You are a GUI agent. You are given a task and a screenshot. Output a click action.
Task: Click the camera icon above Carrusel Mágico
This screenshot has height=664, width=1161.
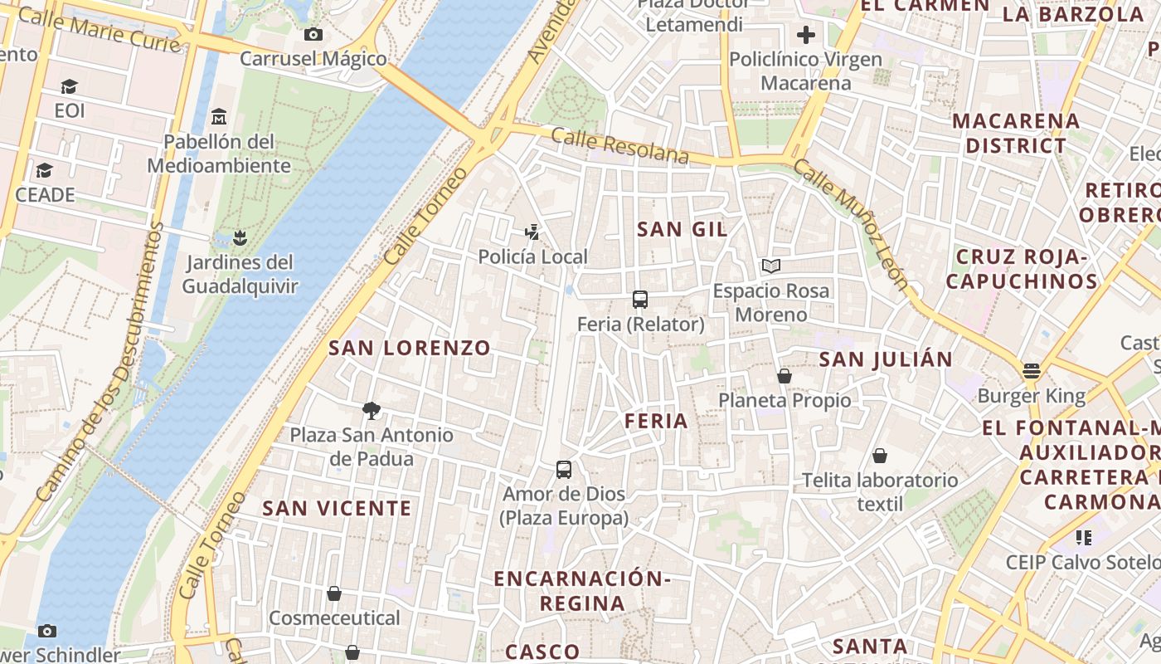coord(313,34)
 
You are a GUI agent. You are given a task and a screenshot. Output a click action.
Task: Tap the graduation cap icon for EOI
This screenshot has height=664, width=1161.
coord(69,86)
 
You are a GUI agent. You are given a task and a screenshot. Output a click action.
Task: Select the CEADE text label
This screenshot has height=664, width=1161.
coord(45,195)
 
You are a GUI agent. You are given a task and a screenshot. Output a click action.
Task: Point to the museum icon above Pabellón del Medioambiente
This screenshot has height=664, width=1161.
coord(219,116)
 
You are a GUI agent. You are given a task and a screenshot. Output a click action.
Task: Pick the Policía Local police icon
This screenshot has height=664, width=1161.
coord(532,232)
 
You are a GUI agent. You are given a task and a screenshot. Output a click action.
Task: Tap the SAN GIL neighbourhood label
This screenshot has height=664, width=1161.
coord(682,230)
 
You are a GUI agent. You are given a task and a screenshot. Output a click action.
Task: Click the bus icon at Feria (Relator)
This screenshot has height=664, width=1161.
coord(640,300)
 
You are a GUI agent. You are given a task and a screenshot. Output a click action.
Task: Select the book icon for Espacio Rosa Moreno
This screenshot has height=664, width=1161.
coord(771,266)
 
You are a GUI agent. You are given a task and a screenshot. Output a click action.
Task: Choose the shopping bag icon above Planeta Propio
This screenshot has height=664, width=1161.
coord(785,376)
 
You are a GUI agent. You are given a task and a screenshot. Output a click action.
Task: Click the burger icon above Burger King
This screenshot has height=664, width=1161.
coord(1032,371)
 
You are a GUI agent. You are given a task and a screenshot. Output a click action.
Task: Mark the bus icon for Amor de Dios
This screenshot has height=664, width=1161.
coord(564,470)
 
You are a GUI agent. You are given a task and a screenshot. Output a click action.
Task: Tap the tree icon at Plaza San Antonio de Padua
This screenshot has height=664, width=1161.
coord(372,410)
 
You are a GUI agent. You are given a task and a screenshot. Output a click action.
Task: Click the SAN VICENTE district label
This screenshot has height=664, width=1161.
coord(337,508)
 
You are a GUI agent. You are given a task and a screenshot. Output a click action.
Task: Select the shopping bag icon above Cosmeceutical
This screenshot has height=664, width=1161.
coord(334,593)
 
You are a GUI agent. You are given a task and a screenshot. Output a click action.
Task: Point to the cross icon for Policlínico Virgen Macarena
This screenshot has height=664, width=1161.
coord(805,35)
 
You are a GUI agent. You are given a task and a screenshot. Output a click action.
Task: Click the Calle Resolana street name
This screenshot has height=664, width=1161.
coord(619,147)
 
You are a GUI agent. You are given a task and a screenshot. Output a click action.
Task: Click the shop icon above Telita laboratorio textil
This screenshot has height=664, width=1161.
coord(880,456)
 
